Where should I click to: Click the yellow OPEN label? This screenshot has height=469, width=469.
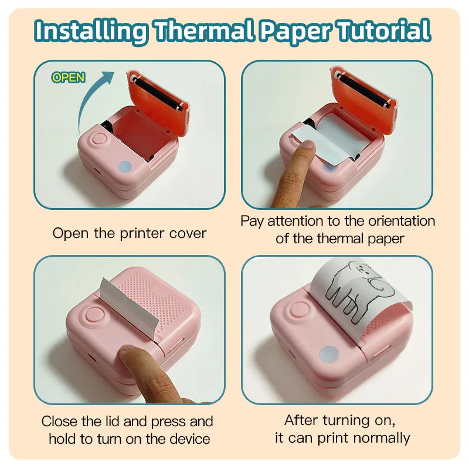click(69, 78)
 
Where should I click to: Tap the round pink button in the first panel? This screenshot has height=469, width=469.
click(99, 139)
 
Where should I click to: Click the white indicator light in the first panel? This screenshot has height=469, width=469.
click(125, 167)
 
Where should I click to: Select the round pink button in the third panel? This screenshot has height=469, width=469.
click(94, 314)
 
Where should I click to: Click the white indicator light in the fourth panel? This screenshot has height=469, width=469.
click(329, 354)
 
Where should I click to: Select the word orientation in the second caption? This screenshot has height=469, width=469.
click(402, 221)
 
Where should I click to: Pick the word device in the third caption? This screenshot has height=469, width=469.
click(189, 439)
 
